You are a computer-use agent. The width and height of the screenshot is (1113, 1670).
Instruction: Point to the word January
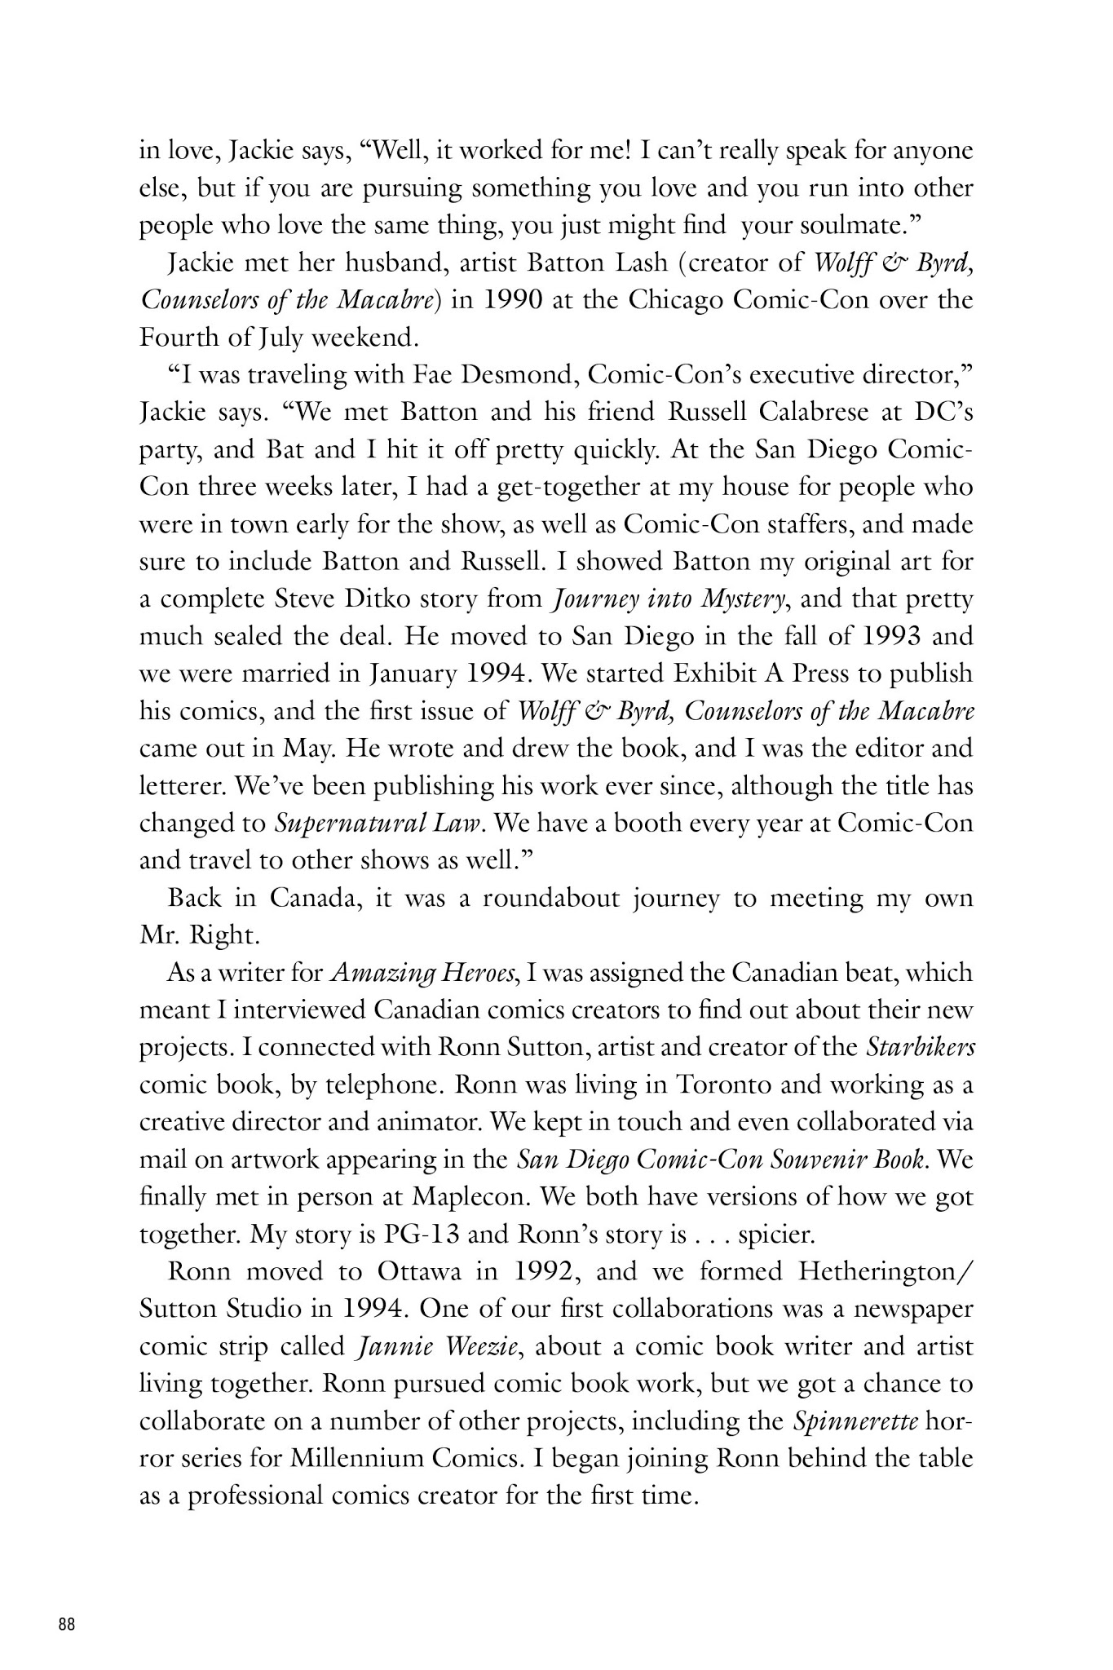(x=413, y=674)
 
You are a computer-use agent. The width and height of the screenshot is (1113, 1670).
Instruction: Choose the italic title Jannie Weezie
(x=437, y=1346)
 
